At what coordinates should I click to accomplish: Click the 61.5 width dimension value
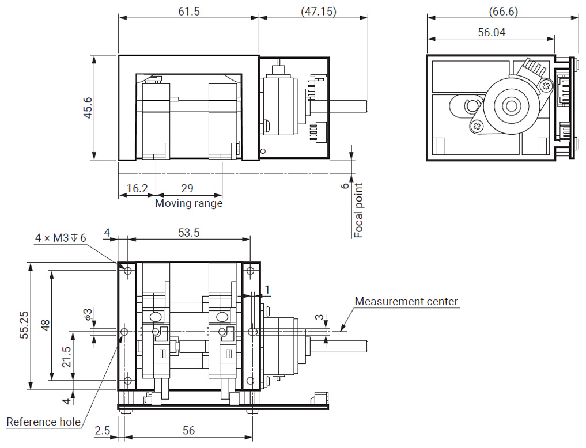tap(189, 12)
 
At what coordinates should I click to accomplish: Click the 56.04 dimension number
tap(492, 33)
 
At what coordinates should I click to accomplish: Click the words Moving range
tap(188, 203)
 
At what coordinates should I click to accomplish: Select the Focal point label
tap(358, 211)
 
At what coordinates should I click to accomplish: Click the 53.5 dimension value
tap(189, 232)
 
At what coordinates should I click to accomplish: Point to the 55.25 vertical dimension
tap(24, 326)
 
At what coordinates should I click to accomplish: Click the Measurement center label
tap(406, 301)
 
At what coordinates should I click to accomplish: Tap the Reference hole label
tap(43, 422)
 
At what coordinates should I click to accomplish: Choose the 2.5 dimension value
tap(103, 430)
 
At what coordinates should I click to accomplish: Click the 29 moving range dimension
tap(187, 188)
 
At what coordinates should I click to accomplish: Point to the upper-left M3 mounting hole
tap(128, 270)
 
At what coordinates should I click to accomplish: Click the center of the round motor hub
tap(510, 106)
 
